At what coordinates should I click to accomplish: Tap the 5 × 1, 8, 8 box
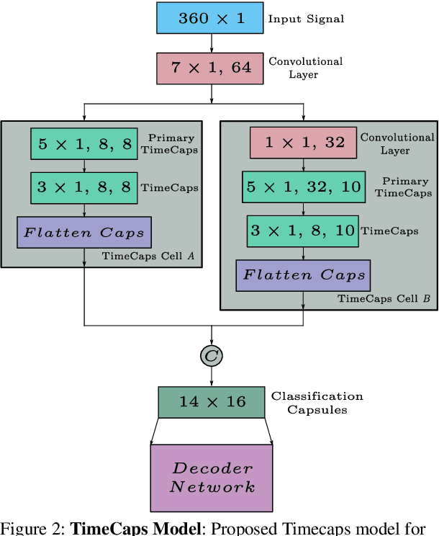(x=84, y=144)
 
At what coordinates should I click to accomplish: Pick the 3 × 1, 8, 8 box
(x=84, y=187)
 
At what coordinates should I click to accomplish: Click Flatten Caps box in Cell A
(x=84, y=232)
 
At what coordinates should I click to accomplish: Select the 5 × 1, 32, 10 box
(x=305, y=187)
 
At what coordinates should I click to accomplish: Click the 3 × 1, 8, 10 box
(x=302, y=231)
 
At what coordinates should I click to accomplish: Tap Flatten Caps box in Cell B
(x=304, y=274)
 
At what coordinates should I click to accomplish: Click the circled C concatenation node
(x=212, y=355)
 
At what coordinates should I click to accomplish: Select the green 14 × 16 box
(x=212, y=402)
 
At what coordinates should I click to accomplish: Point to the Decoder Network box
(x=212, y=478)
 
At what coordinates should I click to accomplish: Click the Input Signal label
(x=306, y=19)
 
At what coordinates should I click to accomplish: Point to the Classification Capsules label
(x=317, y=403)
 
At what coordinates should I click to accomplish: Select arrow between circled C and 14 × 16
(x=212, y=375)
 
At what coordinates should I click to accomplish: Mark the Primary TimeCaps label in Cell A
(x=171, y=143)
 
